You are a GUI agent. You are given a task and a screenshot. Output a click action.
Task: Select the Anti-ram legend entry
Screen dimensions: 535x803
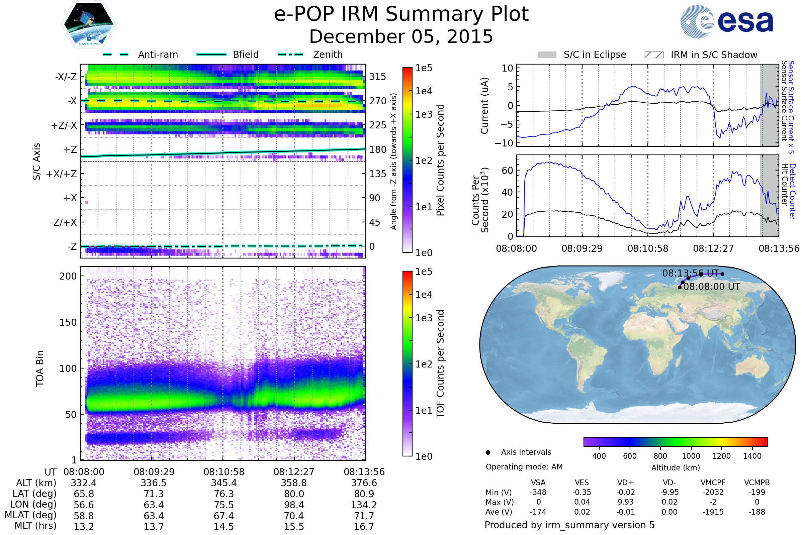pos(158,55)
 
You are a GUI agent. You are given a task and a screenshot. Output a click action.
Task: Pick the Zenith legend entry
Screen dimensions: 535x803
pos(328,55)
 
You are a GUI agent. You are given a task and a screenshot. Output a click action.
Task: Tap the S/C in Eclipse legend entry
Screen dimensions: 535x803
pos(595,55)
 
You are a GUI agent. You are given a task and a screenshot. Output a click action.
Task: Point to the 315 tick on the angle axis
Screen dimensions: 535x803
pos(377,77)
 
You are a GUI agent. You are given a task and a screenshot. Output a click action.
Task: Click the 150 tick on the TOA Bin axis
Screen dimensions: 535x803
pos(68,322)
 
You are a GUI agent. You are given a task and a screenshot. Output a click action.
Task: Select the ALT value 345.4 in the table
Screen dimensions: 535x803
pos(224,483)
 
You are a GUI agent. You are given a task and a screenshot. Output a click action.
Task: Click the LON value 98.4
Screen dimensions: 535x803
pos(294,505)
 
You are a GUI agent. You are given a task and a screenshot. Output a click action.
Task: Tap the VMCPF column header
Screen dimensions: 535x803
pos(713,483)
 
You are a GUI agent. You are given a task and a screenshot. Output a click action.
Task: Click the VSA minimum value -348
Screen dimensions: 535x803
pos(538,492)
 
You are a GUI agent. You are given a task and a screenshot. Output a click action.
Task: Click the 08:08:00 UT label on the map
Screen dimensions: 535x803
pos(712,287)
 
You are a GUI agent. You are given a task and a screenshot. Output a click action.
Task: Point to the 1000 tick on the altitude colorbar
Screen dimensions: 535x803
pos(691,456)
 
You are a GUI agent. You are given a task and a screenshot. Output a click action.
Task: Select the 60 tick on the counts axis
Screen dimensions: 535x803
pos(507,170)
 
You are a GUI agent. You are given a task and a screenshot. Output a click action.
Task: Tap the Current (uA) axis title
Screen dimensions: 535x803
pos(484,106)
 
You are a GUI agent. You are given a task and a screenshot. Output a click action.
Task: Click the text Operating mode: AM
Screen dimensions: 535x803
pos(524,467)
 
